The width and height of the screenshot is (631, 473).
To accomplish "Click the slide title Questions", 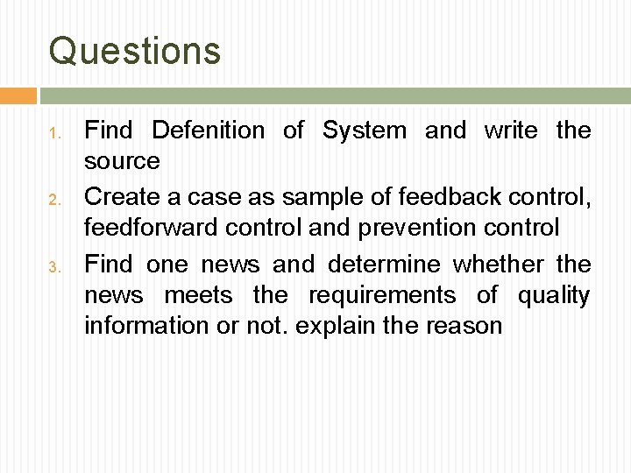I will pyautogui.click(x=135, y=51).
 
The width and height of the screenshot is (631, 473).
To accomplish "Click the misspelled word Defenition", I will pyautogui.click(x=208, y=131).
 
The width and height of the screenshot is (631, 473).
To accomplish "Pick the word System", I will pyautogui.click(x=364, y=131).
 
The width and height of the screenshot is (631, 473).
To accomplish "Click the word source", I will pyautogui.click(x=122, y=162).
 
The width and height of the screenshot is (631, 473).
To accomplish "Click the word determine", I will pyautogui.click(x=386, y=263).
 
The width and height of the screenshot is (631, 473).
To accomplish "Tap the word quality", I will pyautogui.click(x=554, y=295).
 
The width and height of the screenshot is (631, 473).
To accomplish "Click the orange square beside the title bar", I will pyautogui.click(x=18, y=95).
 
